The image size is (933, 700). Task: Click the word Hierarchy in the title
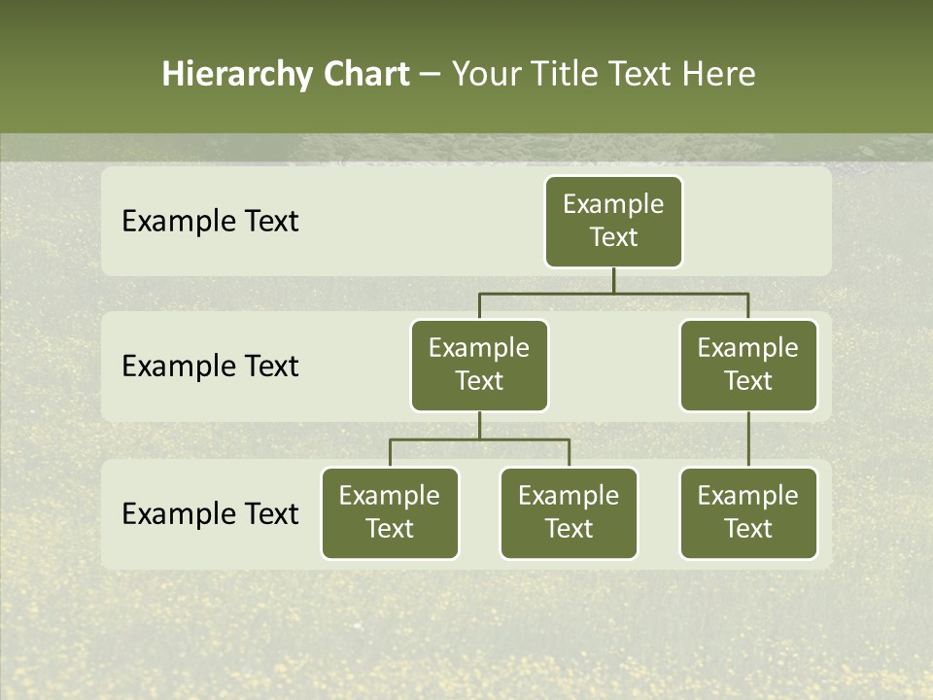click(x=236, y=75)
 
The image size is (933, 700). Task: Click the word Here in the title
click(x=718, y=75)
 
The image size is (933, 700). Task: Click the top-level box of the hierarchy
click(x=613, y=222)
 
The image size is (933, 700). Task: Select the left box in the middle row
click(x=479, y=366)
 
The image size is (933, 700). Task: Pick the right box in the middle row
click(x=748, y=366)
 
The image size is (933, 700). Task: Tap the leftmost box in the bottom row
click(x=390, y=513)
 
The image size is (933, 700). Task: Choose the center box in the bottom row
click(x=569, y=513)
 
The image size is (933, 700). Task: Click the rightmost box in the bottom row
click(x=748, y=513)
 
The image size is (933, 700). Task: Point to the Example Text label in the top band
click(x=210, y=222)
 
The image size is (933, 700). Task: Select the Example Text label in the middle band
click(x=210, y=367)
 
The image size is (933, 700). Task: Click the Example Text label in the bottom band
click(x=210, y=513)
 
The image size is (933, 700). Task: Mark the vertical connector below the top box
click(x=613, y=280)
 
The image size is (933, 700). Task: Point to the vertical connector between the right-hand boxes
click(x=748, y=439)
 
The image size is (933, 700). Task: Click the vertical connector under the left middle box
click(x=479, y=425)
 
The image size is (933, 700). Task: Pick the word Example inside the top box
click(x=613, y=204)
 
